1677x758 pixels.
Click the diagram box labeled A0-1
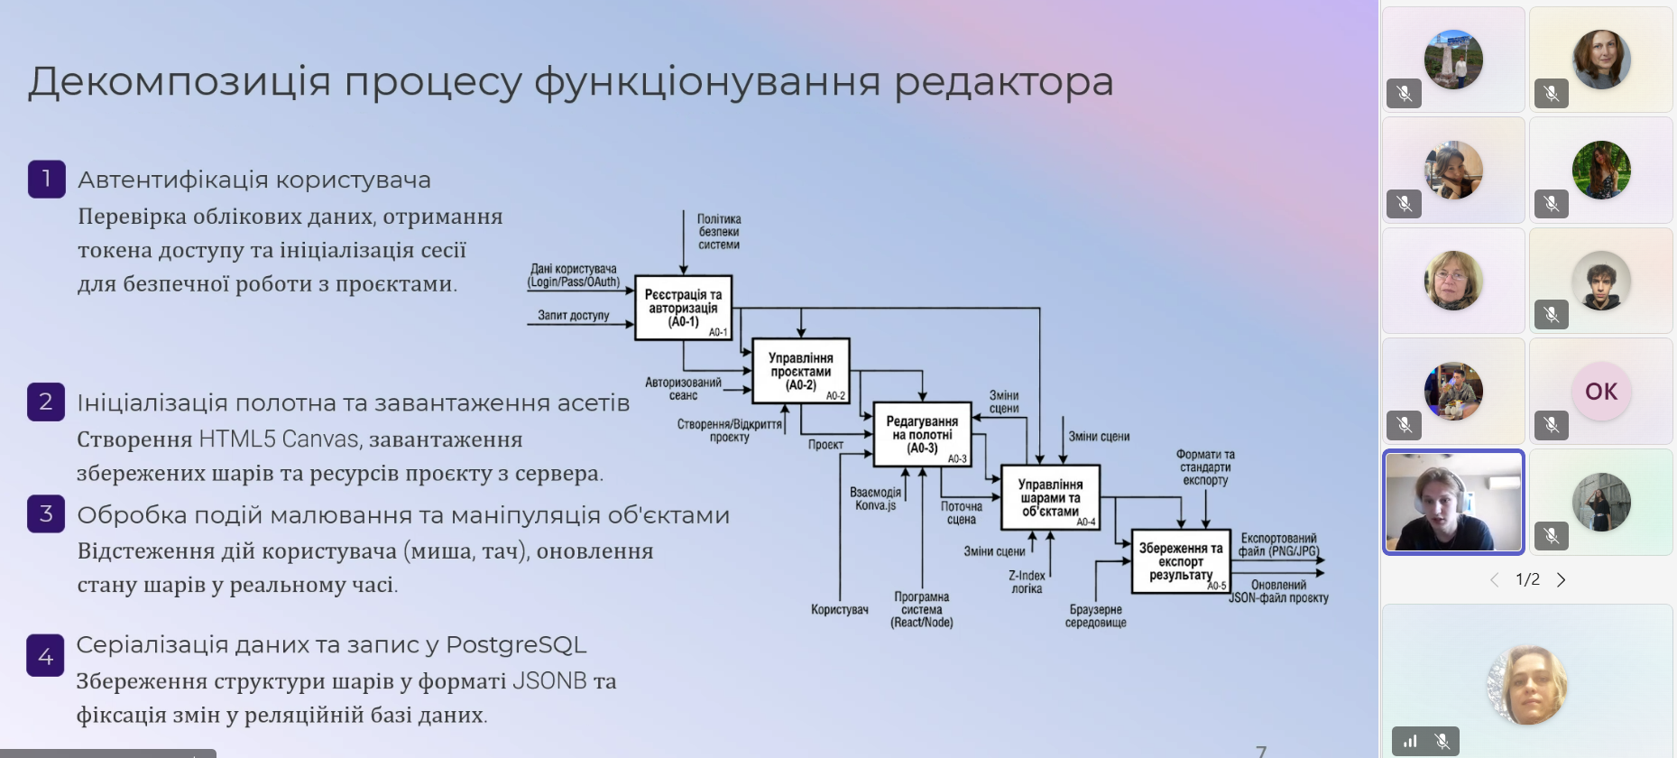(683, 308)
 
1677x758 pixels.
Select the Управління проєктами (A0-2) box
(801, 371)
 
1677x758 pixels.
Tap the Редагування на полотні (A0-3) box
(922, 434)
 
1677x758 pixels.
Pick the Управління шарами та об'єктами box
(1050, 497)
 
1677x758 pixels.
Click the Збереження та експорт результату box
(1181, 561)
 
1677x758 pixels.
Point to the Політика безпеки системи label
(719, 232)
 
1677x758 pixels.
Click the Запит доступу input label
(574, 316)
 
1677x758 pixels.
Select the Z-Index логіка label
(1027, 582)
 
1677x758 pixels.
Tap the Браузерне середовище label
(1096, 615)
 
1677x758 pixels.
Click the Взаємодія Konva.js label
(875, 499)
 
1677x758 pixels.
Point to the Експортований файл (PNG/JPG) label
(1278, 545)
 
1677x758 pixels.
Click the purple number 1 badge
(47, 179)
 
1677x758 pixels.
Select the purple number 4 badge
(45, 656)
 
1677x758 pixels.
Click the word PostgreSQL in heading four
(516, 645)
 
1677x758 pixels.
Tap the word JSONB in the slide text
(549, 680)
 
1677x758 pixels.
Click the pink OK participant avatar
(1601, 392)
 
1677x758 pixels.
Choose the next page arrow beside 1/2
(1562, 579)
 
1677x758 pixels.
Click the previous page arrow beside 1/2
(1495, 579)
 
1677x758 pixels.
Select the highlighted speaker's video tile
(1453, 502)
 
